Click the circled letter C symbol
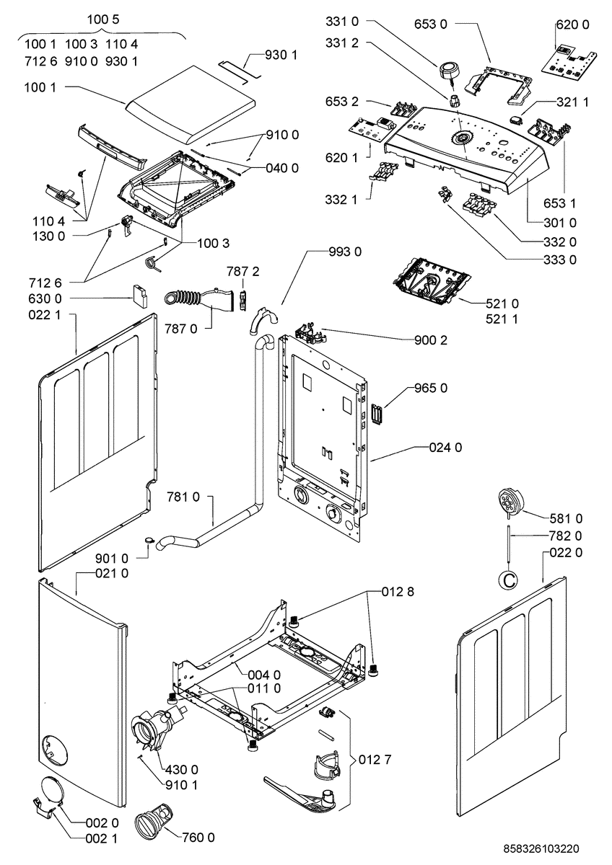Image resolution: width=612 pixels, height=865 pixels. tap(509, 580)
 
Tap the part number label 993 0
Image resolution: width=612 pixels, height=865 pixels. tap(345, 252)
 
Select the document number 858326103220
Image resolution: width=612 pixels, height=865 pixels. tap(541, 848)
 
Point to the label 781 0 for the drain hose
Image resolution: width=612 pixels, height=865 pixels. tap(183, 497)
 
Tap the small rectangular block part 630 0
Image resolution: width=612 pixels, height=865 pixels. tap(139, 296)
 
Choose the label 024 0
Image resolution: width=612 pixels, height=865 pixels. tap(445, 448)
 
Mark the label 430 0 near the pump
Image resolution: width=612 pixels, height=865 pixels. tap(181, 769)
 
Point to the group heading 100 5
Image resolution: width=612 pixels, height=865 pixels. tap(102, 19)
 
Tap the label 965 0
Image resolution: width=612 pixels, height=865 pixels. tap(431, 388)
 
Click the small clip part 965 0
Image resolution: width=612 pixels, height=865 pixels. tap(377, 414)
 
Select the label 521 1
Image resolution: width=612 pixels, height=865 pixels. tap(502, 319)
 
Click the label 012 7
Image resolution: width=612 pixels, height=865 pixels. tap(375, 760)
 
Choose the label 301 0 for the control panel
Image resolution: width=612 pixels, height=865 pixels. tap(560, 223)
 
